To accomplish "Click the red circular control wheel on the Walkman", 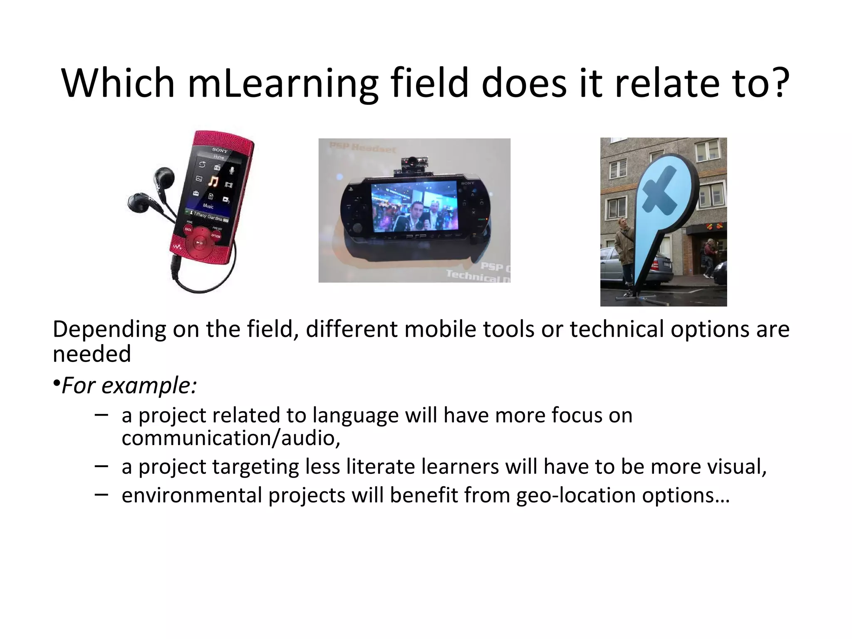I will pos(200,242).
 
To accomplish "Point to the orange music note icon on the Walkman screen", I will pos(213,181).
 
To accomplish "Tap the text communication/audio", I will pos(231,438).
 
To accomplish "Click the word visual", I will pos(736,466).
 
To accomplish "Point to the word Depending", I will pos(109,329).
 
